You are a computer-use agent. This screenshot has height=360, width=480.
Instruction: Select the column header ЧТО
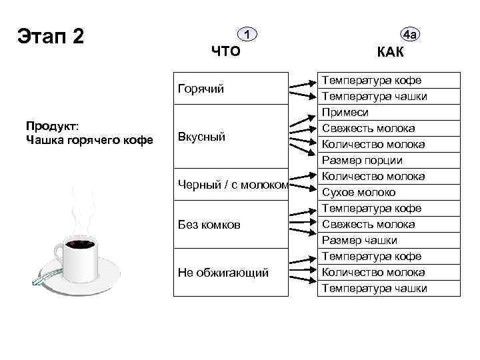(225, 51)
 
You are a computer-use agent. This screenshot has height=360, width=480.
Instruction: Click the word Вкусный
(201, 137)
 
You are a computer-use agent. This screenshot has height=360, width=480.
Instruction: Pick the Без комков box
(209, 225)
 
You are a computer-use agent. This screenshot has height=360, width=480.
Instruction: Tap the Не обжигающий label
(223, 273)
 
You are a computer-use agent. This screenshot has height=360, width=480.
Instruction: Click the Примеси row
(345, 113)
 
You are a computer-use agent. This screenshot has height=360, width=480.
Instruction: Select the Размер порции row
(362, 161)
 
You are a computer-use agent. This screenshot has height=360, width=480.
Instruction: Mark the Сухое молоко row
(359, 193)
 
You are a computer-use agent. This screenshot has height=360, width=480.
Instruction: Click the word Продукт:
(51, 126)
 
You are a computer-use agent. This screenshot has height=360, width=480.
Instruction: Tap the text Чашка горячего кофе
(89, 140)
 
